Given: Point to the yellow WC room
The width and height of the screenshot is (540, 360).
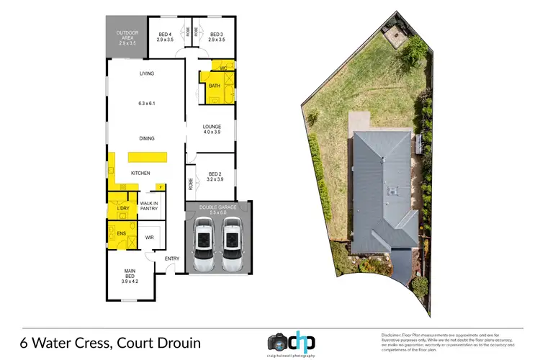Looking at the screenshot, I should click(x=223, y=68).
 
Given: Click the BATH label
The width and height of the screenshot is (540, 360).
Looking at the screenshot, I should click(x=214, y=86).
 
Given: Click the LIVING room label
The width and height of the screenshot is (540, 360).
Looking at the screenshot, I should click(x=147, y=73).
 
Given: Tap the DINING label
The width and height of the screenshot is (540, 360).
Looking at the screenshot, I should click(x=147, y=138).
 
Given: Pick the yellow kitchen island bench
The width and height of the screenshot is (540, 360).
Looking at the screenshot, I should click(x=147, y=157).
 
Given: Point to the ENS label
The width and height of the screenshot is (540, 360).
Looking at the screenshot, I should click(x=121, y=235).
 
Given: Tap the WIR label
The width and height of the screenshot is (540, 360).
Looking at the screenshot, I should click(x=150, y=237).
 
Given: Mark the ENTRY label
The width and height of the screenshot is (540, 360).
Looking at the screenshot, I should click(x=172, y=258).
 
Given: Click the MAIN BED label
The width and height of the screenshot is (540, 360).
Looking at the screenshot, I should click(x=130, y=274).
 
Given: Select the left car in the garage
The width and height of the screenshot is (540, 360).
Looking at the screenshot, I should click(x=204, y=245).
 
